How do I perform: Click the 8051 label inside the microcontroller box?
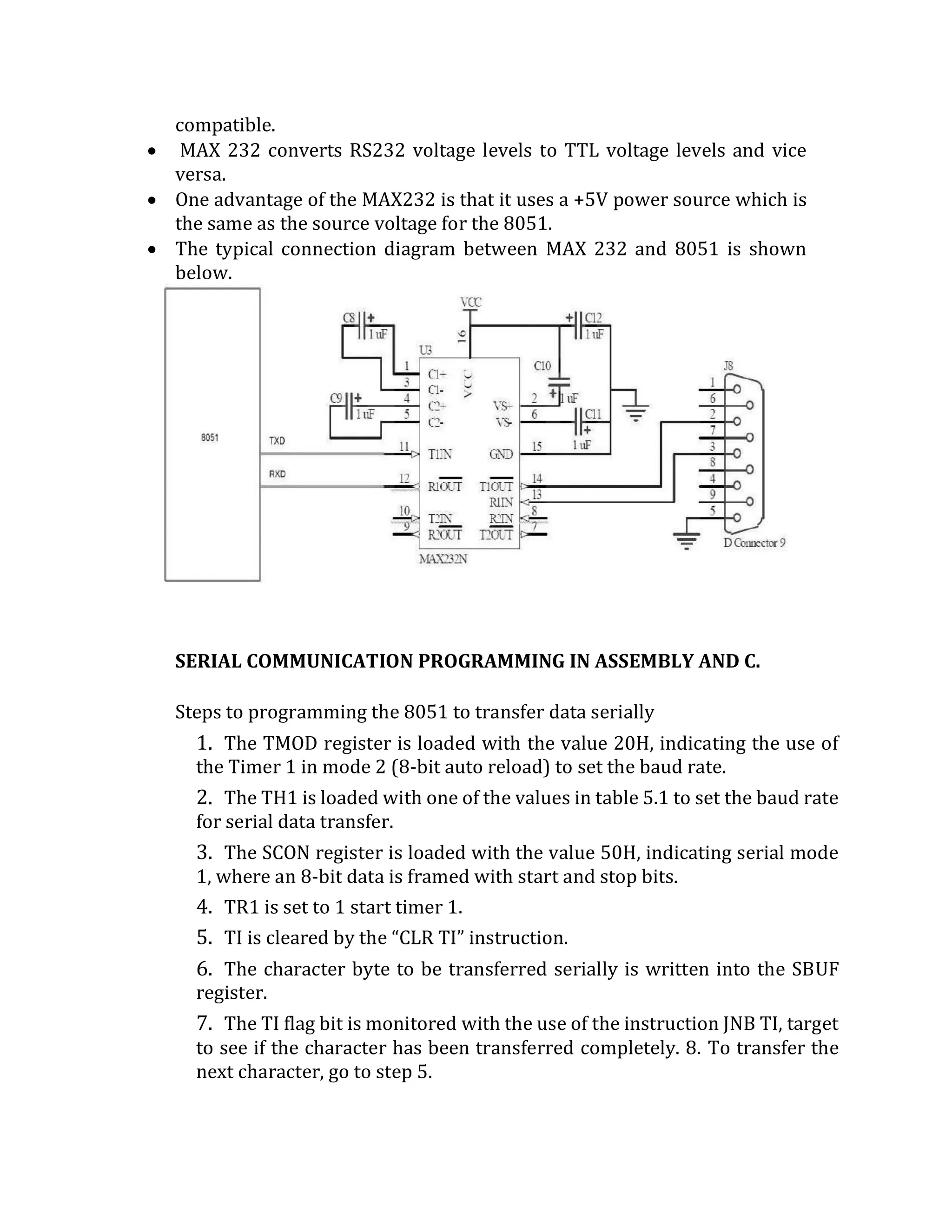(209, 438)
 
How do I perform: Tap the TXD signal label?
(277, 441)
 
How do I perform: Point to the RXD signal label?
(277, 474)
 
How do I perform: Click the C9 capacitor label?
(336, 399)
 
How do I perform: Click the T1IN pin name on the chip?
(440, 454)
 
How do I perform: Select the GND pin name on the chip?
(501, 454)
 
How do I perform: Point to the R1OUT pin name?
(444, 486)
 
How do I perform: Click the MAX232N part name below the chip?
(443, 560)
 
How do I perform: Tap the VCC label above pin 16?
(470, 303)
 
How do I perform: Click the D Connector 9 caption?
(754, 543)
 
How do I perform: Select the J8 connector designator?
(728, 367)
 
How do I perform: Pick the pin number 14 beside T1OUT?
(537, 478)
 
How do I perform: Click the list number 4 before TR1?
(203, 907)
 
